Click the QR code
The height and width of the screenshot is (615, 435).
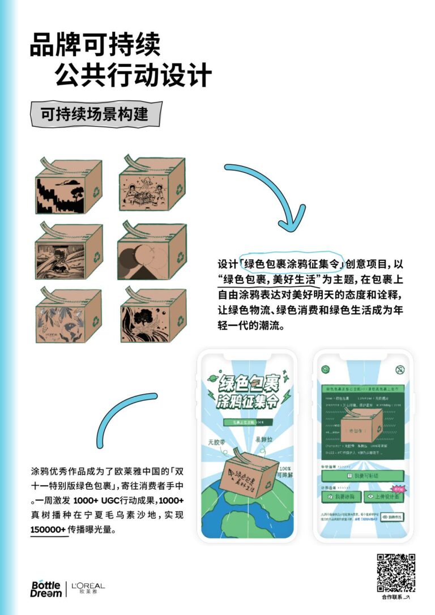click(396, 572)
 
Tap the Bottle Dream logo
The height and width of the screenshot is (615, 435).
click(46, 588)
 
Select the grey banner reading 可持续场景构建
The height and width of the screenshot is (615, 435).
click(95, 114)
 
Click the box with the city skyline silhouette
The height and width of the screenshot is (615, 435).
click(68, 187)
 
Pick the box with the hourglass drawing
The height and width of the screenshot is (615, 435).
click(68, 252)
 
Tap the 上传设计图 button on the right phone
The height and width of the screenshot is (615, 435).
click(383, 496)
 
